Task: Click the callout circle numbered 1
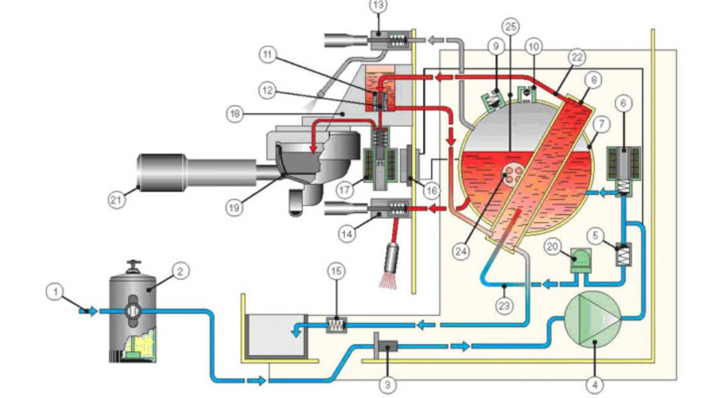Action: point(54,294)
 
